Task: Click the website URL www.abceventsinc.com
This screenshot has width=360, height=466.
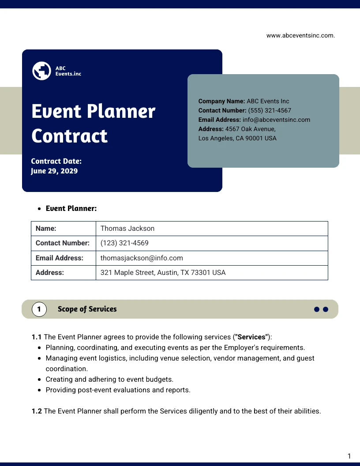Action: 300,36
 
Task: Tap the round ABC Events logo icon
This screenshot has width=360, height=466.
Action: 42,71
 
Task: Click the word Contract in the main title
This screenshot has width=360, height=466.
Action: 69,135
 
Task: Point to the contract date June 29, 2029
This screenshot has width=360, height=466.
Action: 54,171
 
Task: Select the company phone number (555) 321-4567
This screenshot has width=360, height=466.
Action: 270,110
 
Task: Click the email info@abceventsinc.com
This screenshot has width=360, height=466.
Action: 276,120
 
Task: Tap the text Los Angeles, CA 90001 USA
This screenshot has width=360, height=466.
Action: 237,138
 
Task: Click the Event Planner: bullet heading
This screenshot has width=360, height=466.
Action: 71,208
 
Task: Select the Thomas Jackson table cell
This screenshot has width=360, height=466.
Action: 127,229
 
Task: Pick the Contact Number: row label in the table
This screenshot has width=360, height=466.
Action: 63,243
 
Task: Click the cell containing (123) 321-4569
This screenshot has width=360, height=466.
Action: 124,243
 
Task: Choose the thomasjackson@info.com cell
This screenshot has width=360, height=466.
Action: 142,258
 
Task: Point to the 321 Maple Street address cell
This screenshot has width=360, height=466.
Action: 163,273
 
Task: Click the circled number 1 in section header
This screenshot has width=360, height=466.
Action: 39,309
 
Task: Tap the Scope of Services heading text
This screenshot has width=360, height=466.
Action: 87,309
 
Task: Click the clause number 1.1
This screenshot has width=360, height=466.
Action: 37,337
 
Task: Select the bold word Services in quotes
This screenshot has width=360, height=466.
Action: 252,337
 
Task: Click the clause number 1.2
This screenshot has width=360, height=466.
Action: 37,411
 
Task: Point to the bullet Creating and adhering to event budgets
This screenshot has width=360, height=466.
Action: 109,380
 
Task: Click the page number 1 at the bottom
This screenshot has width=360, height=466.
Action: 349,456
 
